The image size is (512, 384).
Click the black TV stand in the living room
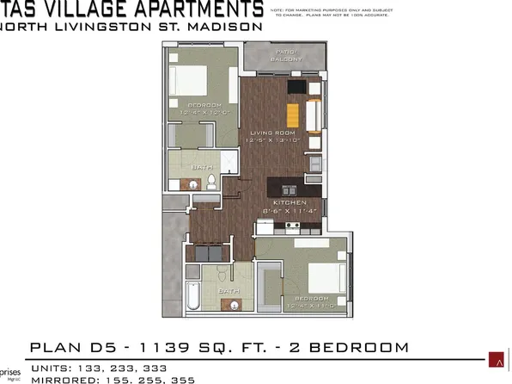pos(296,87)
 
